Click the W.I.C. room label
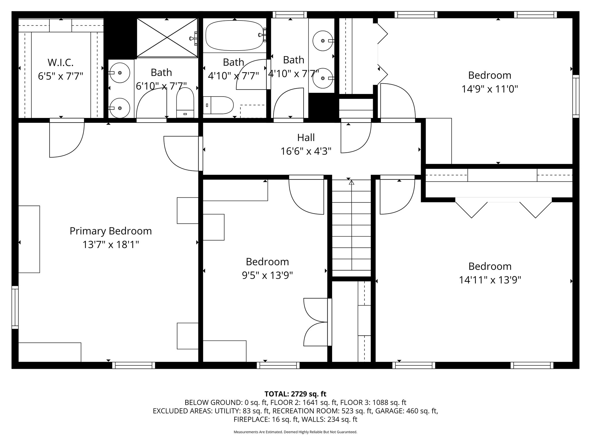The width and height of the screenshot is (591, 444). click(61, 62)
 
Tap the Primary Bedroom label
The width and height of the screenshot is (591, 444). click(111, 231)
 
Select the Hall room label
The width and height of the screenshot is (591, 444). click(306, 138)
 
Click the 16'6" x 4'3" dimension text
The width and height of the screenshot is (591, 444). click(306, 151)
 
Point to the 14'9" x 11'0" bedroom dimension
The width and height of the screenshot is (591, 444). click(490, 89)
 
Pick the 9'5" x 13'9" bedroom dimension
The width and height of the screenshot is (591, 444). click(267, 275)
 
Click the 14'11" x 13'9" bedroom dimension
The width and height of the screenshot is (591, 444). click(490, 280)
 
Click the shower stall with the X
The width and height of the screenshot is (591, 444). click(167, 37)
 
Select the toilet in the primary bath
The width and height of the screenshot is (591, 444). click(185, 103)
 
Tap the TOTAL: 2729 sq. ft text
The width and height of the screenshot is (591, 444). click(295, 394)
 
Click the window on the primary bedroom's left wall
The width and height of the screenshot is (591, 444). click(15, 307)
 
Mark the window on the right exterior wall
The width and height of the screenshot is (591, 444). click(576, 96)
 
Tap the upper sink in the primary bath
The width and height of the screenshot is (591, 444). click(119, 73)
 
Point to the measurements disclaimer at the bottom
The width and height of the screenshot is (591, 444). click(295, 432)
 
